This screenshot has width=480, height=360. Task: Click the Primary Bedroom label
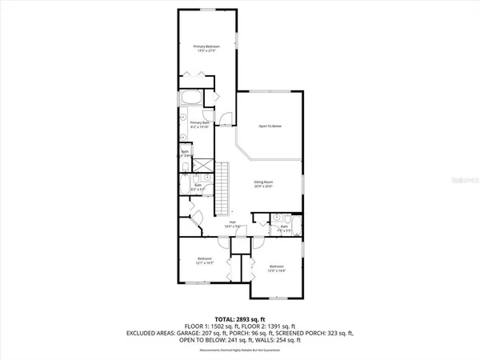[206, 49]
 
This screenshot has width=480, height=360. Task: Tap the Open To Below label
[270, 126]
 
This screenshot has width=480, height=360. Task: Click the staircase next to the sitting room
[225, 187]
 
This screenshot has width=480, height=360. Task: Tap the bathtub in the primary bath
[190, 98]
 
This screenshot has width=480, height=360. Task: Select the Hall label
[232, 225]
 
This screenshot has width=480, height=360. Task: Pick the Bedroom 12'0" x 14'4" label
[277, 267]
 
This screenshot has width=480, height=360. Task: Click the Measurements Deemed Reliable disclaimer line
[240, 348]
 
